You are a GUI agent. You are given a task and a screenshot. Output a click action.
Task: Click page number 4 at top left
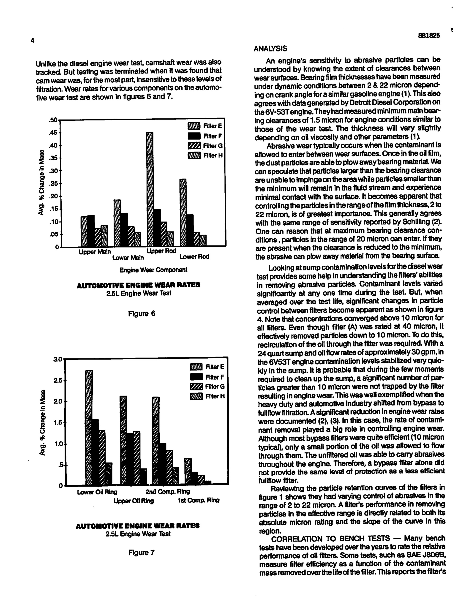pos(32,41)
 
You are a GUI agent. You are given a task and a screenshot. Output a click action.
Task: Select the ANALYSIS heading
pos(270,49)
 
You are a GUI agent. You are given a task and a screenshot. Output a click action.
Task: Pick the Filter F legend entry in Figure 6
pos(205,136)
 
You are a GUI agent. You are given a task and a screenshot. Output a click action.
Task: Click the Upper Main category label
pos(95,252)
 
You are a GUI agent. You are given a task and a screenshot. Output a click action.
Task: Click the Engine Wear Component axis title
pos(153,270)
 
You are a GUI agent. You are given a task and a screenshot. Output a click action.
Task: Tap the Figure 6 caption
pos(142,313)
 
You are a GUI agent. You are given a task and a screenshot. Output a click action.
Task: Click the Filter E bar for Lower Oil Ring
pos(89,427)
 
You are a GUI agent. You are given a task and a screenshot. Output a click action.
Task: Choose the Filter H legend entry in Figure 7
pos(207,396)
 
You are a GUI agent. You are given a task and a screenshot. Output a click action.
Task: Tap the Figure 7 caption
pos(141,553)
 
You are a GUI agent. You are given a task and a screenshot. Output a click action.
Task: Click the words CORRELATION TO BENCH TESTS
pos(330,538)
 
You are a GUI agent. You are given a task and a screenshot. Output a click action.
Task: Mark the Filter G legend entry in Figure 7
pos(207,387)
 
